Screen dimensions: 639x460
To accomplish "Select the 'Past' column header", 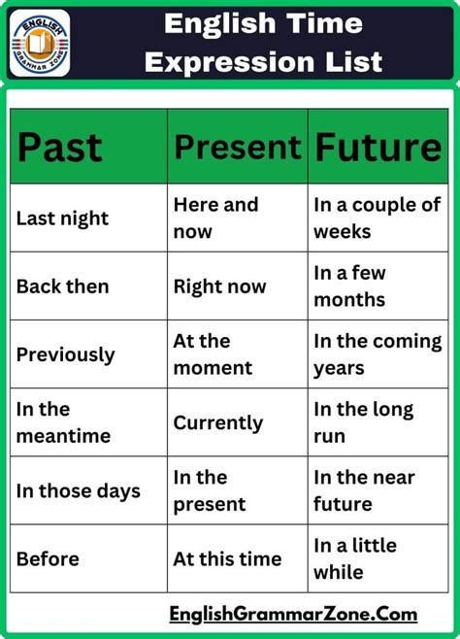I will (59, 147).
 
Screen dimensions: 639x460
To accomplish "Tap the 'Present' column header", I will (237, 147).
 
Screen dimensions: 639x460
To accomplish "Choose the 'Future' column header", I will (378, 147).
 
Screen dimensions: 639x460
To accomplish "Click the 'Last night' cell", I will (62, 219).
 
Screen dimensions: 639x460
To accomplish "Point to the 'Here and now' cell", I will (215, 219).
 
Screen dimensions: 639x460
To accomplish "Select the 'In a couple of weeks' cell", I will (377, 219).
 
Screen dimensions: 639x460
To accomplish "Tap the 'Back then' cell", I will (62, 286).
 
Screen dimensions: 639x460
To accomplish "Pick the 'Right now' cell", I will (219, 286).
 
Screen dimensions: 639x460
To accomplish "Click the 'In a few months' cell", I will (350, 286).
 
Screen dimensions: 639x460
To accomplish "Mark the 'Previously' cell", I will (65, 354).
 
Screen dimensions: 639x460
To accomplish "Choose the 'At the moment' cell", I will (213, 354).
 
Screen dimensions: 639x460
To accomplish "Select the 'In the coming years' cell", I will (377, 354).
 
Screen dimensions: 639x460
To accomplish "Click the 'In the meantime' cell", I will (63, 422).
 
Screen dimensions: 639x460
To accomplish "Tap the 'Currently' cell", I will (218, 422).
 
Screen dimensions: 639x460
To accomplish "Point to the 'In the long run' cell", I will (363, 422).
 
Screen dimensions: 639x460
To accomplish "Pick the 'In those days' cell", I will (78, 490).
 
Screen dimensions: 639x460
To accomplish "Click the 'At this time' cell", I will (227, 558).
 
